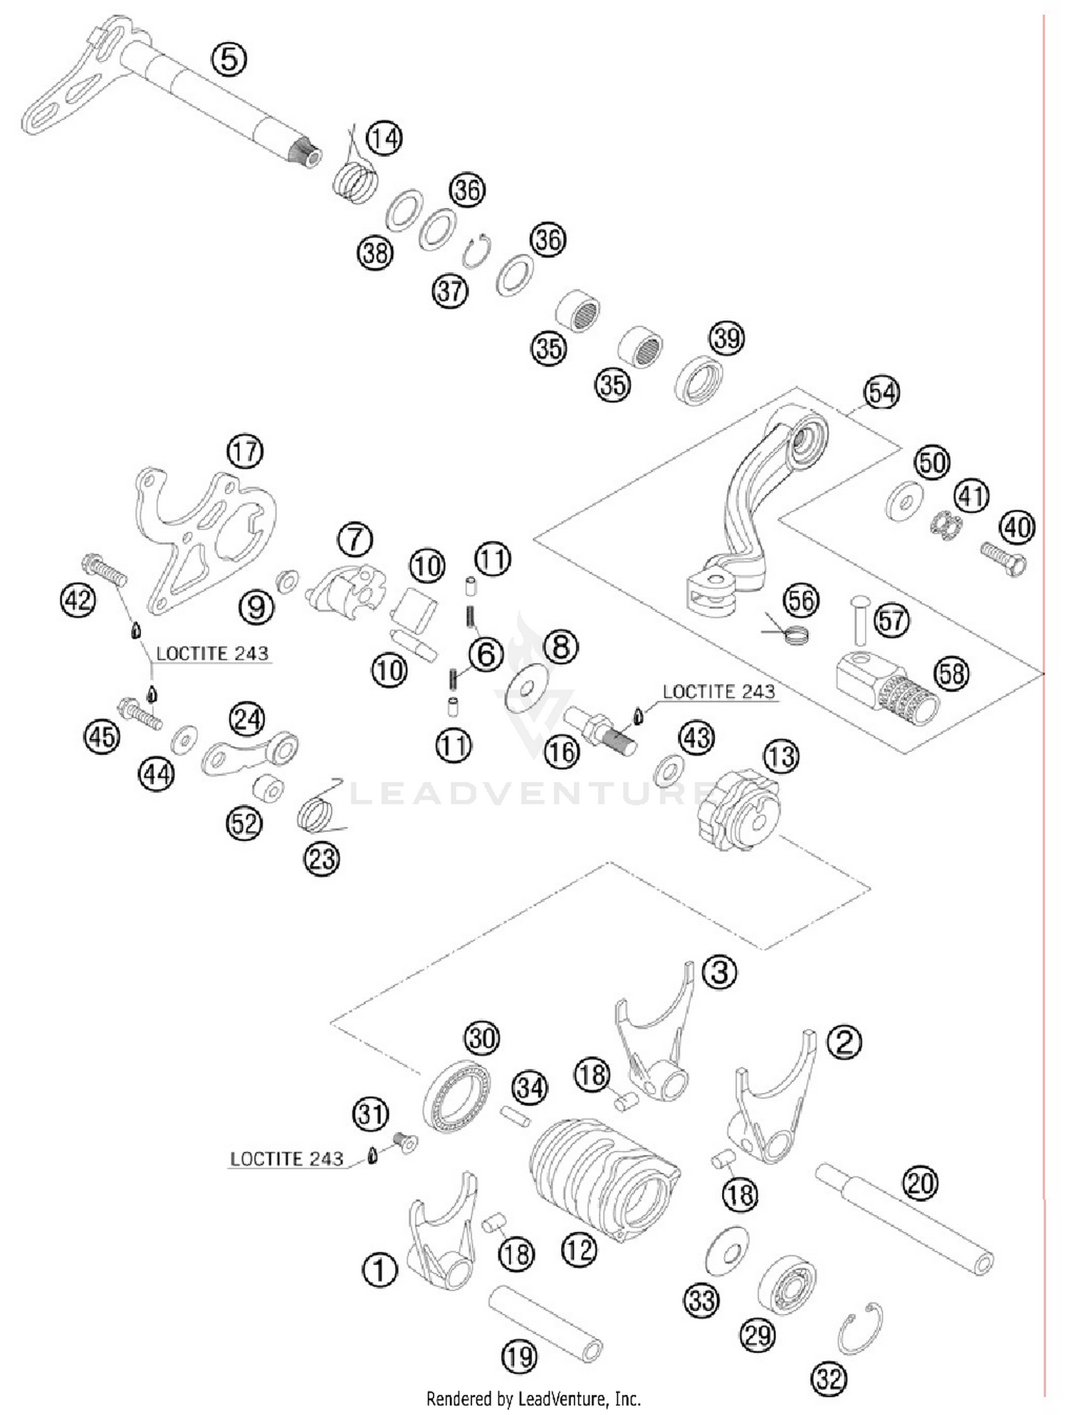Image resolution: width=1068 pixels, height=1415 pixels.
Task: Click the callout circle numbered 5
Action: pyautogui.click(x=229, y=58)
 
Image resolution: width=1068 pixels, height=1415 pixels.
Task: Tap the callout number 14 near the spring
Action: pyautogui.click(x=384, y=137)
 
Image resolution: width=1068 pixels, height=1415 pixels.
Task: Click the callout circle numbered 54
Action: pyautogui.click(x=881, y=392)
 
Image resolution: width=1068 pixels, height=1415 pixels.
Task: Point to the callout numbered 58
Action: pyautogui.click(x=952, y=674)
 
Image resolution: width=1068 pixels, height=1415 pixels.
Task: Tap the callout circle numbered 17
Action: pyautogui.click(x=245, y=451)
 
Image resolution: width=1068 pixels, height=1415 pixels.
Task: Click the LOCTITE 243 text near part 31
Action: pyautogui.click(x=286, y=1159)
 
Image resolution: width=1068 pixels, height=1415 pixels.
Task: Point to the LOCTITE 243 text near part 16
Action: pyautogui.click(x=718, y=691)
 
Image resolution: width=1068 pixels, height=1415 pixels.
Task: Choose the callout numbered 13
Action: pyautogui.click(x=782, y=756)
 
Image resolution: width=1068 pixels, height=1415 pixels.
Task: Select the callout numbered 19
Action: pyautogui.click(x=519, y=1357)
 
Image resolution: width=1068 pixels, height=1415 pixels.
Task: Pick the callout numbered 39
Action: pyautogui.click(x=727, y=338)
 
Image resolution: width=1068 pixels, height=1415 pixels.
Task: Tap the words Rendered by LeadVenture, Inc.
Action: pyautogui.click(x=533, y=1399)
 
